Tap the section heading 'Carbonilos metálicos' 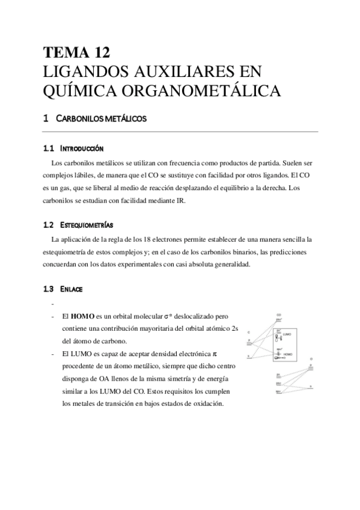point(101,119)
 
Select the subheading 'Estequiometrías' point(87,225)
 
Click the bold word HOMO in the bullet point(83,316)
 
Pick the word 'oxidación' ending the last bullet point(206,404)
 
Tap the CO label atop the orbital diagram point(279,315)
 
